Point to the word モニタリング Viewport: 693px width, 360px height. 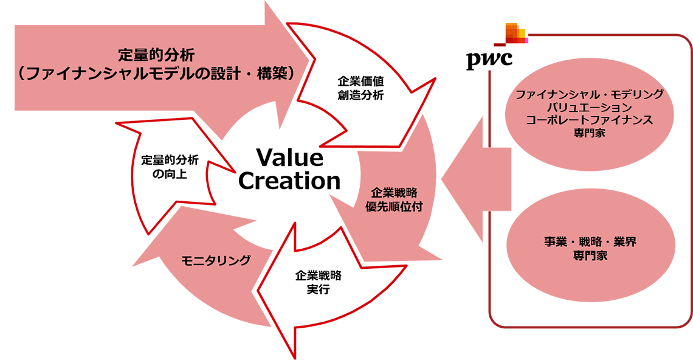click(x=216, y=261)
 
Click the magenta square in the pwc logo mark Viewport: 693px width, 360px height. click(x=529, y=40)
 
